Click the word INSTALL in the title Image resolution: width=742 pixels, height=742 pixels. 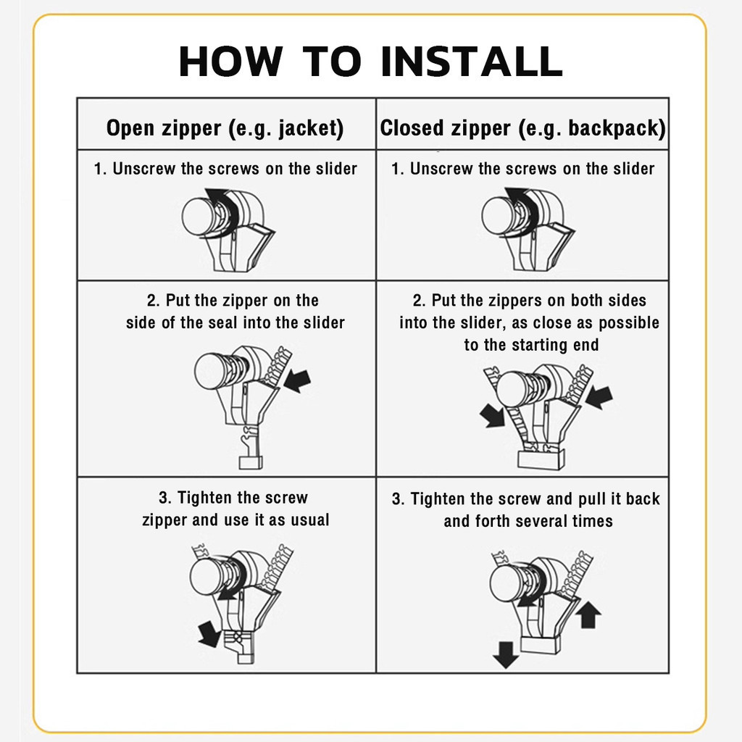tap(471, 62)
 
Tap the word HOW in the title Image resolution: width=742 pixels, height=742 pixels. tap(230, 62)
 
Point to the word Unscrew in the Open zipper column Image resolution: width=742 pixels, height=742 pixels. tap(144, 169)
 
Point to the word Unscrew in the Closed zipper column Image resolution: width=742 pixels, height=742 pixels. tap(441, 169)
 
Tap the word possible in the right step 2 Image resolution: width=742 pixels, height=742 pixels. tap(629, 322)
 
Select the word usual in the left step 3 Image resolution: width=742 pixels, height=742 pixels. tap(310, 520)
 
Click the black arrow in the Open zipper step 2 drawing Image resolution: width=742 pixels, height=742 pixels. tap(297, 380)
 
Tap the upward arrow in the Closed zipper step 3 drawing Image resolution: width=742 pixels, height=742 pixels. tap(588, 614)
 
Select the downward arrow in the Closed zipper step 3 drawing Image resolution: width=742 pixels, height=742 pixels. tap(505, 654)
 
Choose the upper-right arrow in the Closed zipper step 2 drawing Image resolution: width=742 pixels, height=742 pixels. tap(599, 396)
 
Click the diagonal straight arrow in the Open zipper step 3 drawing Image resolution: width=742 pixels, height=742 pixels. tap(209, 634)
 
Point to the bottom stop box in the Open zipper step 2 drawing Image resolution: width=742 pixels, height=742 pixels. tap(251, 462)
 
